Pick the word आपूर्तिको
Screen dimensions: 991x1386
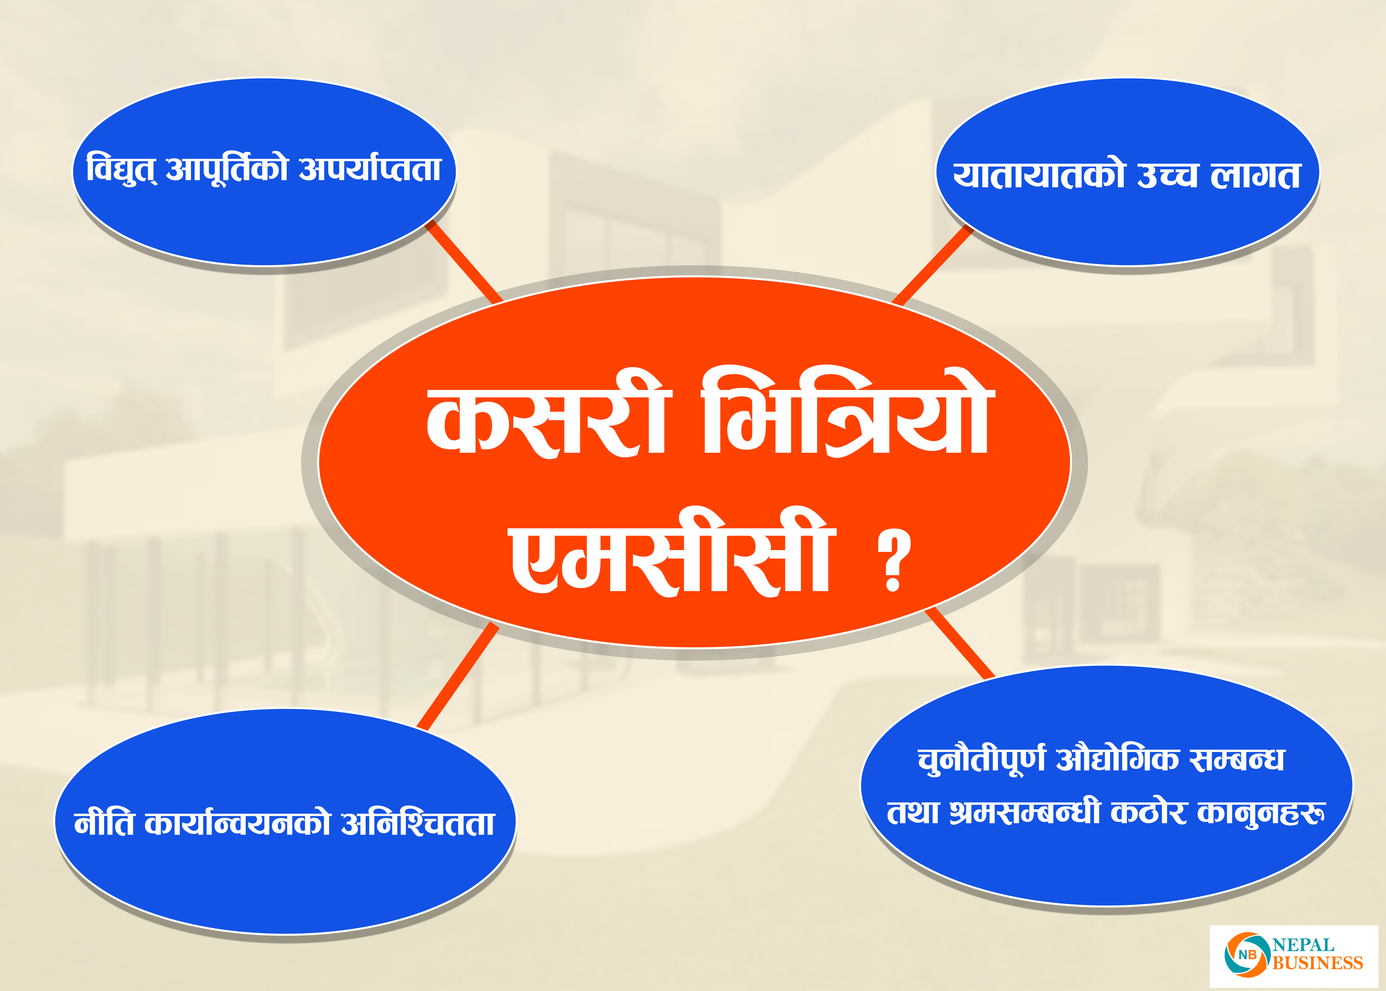tap(227, 170)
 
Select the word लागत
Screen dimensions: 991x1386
tap(1255, 176)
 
